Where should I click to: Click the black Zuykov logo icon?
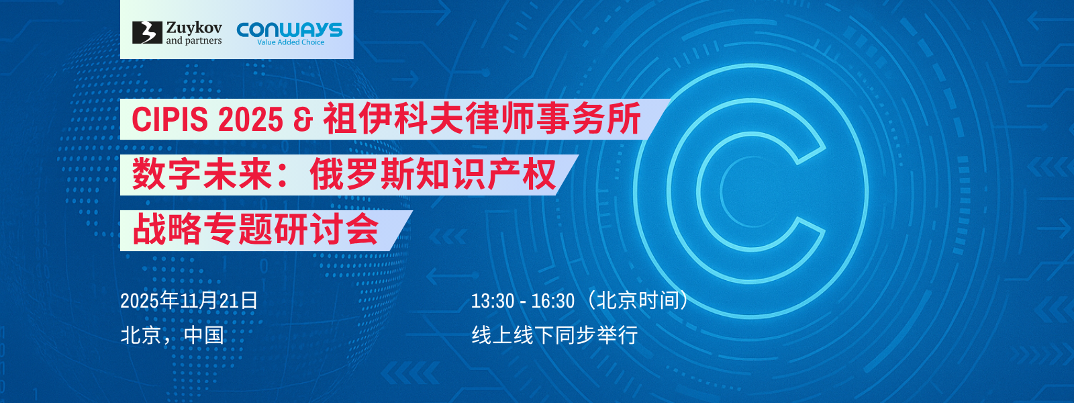(x=147, y=32)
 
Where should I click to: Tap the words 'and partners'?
(x=194, y=41)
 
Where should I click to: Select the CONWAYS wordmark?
(x=289, y=30)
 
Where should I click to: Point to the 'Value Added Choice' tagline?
(x=291, y=42)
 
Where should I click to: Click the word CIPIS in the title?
(x=170, y=119)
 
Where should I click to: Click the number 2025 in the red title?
(x=250, y=119)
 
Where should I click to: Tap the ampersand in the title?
(x=302, y=120)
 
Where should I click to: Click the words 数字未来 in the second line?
(x=202, y=174)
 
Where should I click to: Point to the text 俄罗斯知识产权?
(x=432, y=174)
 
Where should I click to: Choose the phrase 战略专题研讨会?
(x=255, y=230)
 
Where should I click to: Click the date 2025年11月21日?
(x=189, y=301)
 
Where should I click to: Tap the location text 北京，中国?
(x=172, y=335)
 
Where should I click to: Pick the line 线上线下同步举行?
(x=554, y=335)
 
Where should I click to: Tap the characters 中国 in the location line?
(x=204, y=335)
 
